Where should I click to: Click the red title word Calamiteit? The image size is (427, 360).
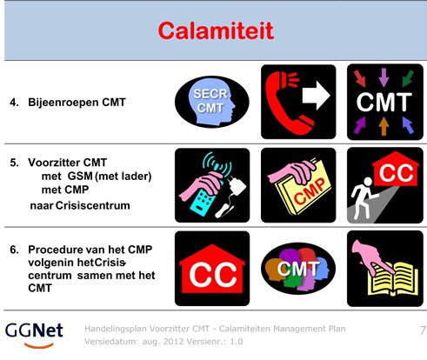coord(216,30)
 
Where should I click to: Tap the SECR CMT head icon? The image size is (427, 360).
coord(212,102)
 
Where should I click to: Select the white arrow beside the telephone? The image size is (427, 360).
coord(317,96)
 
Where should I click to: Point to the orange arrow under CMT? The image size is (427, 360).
coord(384,126)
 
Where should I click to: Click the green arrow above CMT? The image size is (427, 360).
coord(408,78)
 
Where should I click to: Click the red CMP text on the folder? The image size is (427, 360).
coord(310,190)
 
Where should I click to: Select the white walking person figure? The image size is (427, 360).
coord(363,197)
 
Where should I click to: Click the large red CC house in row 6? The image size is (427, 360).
coord(212,269)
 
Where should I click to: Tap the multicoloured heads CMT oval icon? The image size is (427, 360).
coord(298,269)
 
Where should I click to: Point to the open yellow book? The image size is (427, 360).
coord(393,279)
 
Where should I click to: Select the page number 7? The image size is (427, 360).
coord(423,330)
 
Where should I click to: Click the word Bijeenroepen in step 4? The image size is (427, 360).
coord(63,103)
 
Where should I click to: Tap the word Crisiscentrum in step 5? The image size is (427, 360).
coord(92,205)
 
